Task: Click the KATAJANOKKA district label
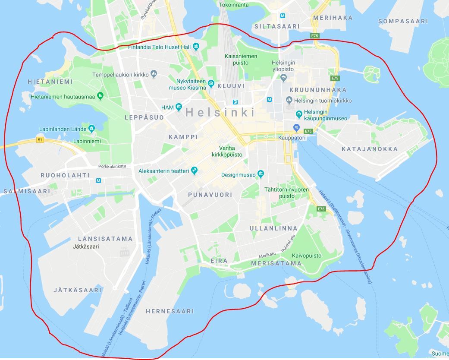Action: point(370,149)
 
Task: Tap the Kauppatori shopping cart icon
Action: point(296,127)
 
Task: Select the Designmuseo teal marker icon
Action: point(261,174)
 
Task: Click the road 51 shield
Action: point(40,140)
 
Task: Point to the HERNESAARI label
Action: point(170,311)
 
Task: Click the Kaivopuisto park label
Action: point(307,256)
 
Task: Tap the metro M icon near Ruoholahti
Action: point(99,181)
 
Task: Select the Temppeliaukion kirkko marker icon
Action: point(154,75)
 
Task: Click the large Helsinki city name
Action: point(220,113)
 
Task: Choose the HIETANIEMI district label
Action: point(45,82)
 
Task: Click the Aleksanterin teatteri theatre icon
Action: point(195,171)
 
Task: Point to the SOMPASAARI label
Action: point(403,21)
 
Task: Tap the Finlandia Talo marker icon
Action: point(196,47)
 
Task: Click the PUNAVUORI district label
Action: point(210,195)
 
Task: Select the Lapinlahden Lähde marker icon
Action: point(91,129)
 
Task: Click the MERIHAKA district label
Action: point(333,18)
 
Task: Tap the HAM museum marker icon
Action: point(178,107)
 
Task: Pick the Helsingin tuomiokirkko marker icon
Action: point(289,101)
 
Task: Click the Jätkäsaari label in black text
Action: point(86,247)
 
